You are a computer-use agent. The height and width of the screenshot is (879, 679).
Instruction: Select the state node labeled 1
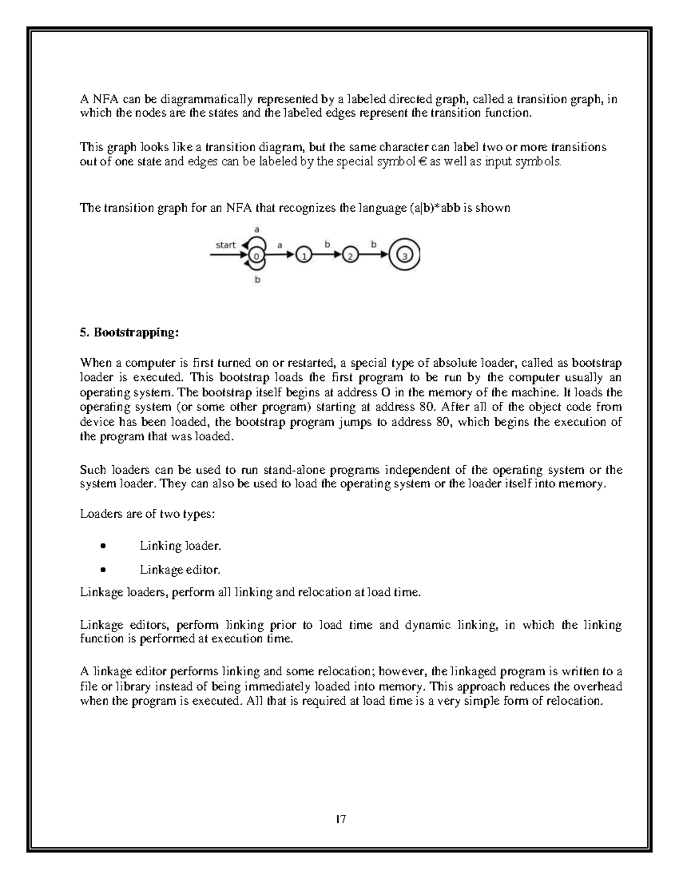(x=304, y=256)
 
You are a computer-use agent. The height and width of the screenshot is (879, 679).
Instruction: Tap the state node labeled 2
(x=350, y=256)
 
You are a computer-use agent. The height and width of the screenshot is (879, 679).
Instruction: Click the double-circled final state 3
(x=404, y=256)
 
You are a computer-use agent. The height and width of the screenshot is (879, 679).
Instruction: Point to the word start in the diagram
(x=226, y=245)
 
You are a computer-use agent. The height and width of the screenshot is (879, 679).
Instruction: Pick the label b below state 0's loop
(x=257, y=280)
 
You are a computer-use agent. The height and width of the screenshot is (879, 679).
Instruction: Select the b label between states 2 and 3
(x=373, y=245)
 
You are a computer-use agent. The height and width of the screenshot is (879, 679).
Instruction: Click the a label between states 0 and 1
(x=279, y=245)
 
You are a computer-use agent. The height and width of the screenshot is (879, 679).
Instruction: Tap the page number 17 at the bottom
(x=341, y=818)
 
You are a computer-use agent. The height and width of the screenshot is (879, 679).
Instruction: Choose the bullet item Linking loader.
(x=180, y=546)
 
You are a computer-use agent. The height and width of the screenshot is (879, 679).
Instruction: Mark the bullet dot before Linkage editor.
(x=102, y=570)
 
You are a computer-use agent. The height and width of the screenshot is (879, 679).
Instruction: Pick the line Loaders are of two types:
(x=147, y=514)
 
